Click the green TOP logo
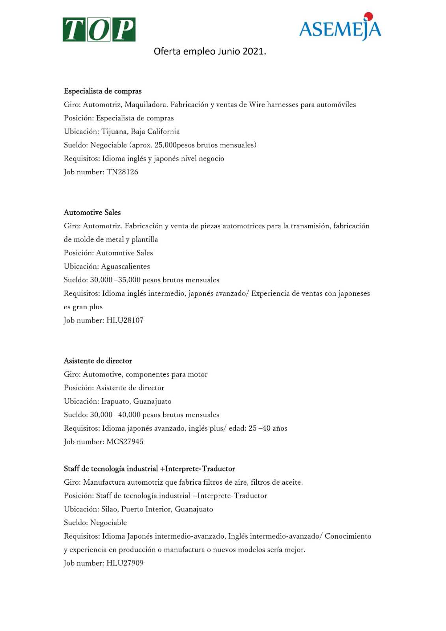99,30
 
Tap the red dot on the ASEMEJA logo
368,16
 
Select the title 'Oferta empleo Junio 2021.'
210,51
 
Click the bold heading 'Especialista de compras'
103,91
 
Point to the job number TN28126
122,172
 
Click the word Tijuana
114,132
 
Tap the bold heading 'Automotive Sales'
92,213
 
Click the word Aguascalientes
125,267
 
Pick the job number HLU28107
125,320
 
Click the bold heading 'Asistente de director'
98,361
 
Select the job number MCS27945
125,442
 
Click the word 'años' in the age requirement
280,428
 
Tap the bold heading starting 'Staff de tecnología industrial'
149,469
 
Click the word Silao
109,509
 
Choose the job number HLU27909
125,563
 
